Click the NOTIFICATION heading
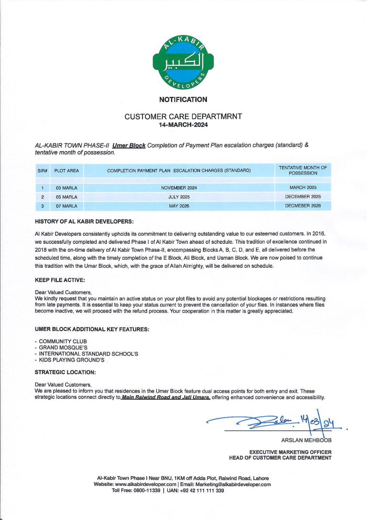tap(183, 99)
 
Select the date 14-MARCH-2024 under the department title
tap(183, 125)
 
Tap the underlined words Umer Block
tap(129, 145)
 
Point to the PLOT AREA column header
tap(67, 171)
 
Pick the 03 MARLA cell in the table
tap(67, 188)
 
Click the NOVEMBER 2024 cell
tap(179, 188)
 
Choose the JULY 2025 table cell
tap(179, 197)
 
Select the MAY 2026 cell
tap(179, 206)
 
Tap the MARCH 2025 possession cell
tap(303, 188)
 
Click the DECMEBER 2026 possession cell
tap(303, 206)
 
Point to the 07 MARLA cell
tap(67, 206)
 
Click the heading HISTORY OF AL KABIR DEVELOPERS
tap(84, 221)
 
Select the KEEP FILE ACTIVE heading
tap(60, 280)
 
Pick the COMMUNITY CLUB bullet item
tap(63, 341)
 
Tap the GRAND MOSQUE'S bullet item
tap(63, 347)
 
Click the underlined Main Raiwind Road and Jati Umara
tap(166, 397)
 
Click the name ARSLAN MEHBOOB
tap(306, 440)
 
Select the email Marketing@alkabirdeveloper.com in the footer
tap(233, 484)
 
